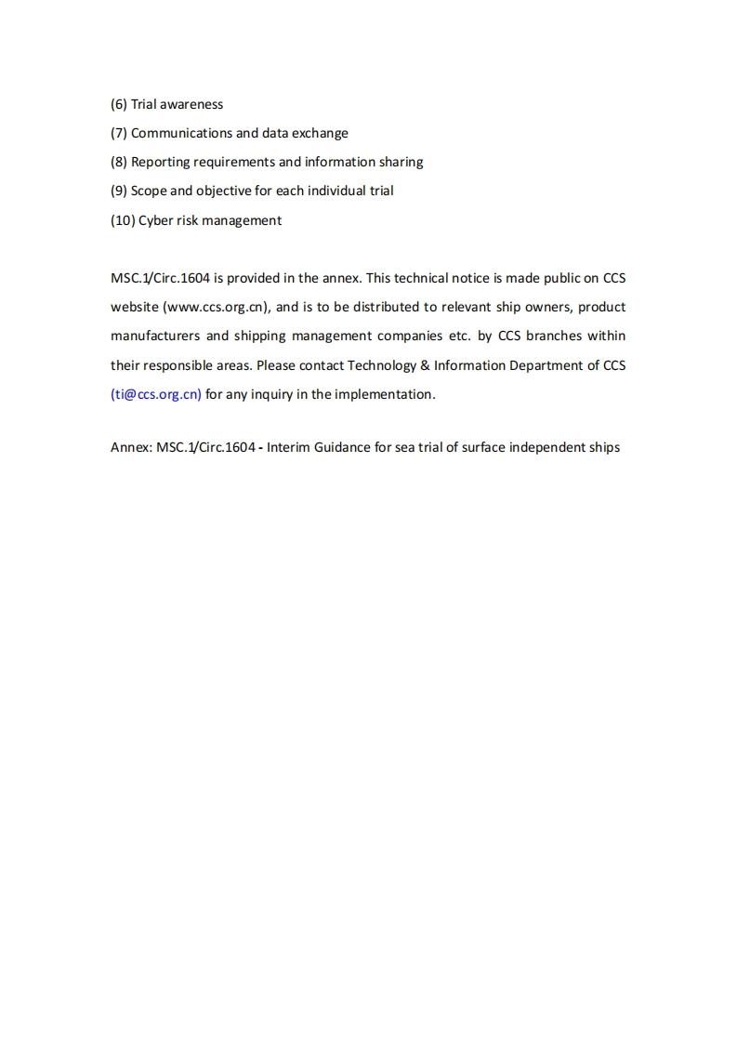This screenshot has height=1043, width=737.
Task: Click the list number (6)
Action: (x=119, y=104)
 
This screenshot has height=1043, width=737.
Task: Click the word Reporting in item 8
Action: (x=160, y=162)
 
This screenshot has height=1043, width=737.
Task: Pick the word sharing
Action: (x=401, y=162)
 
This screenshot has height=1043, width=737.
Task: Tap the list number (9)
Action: (x=119, y=191)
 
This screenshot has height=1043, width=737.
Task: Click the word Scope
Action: (x=149, y=191)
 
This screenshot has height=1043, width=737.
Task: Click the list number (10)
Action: (x=123, y=220)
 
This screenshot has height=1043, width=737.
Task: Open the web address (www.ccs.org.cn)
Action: (x=217, y=307)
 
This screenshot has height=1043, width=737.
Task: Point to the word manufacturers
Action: (x=155, y=336)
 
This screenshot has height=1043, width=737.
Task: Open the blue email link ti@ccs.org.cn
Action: (x=156, y=394)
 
